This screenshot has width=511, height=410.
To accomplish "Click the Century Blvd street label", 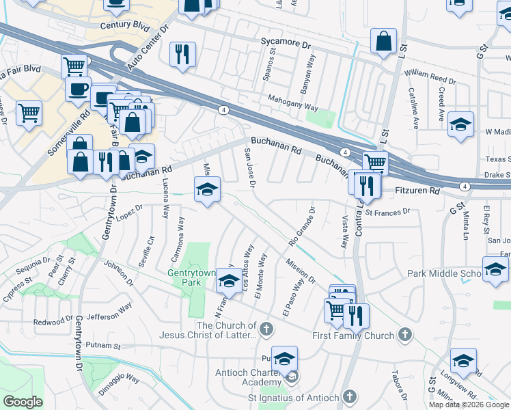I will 124,25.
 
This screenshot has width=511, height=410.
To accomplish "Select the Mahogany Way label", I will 293,102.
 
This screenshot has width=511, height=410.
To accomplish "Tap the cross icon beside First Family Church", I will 405,335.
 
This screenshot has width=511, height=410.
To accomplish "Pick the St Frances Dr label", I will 387,212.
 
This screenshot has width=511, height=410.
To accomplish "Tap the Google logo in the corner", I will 22,401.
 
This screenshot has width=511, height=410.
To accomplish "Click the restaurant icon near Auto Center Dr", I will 182,54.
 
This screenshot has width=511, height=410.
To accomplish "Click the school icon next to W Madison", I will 461,125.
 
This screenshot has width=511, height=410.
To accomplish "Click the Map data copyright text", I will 469,405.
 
